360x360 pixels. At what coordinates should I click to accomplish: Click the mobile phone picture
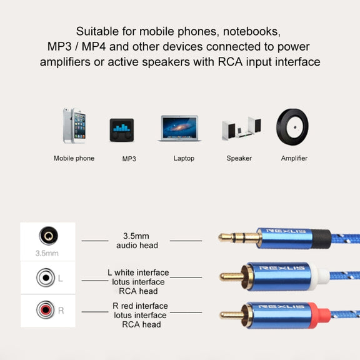(x=74, y=126)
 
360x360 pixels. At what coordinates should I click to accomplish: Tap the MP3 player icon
(x=122, y=130)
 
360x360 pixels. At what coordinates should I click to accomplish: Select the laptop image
(x=179, y=128)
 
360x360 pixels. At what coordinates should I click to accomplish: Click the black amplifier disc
(x=292, y=127)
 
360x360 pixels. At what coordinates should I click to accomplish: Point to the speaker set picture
(x=241, y=129)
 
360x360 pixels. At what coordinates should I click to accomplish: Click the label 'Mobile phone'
(x=74, y=158)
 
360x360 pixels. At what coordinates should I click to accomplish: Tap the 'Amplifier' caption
(x=294, y=158)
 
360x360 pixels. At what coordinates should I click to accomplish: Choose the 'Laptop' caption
(x=184, y=158)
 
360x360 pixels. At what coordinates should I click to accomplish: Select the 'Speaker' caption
(x=239, y=158)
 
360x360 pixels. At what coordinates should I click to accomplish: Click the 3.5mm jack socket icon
(x=49, y=236)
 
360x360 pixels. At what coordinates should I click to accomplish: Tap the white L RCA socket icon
(x=46, y=277)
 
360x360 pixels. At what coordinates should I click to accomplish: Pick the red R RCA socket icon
(x=46, y=310)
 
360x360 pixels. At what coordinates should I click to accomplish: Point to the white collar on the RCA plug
(x=319, y=277)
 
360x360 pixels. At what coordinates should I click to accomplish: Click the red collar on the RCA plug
(x=319, y=315)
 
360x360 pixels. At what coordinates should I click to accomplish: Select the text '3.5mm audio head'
(x=137, y=241)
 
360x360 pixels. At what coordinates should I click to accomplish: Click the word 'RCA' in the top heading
(x=230, y=62)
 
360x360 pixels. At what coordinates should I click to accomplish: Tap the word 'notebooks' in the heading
(x=252, y=31)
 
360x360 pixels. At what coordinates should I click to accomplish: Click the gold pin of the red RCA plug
(x=231, y=315)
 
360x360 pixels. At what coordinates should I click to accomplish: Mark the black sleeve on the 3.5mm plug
(x=321, y=239)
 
